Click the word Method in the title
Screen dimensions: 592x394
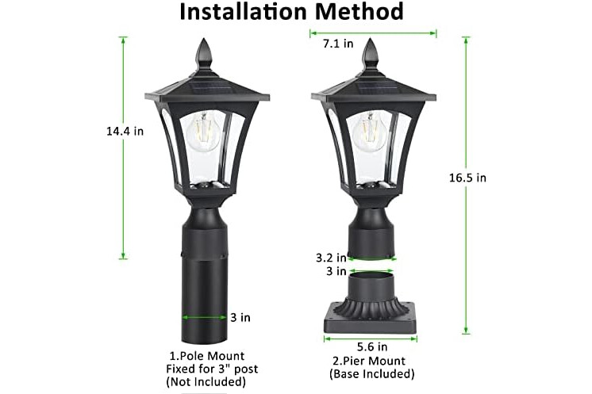coord(359,11)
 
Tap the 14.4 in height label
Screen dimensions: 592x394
coord(125,132)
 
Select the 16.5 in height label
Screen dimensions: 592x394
coord(467,178)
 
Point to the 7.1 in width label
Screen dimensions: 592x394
coord(338,44)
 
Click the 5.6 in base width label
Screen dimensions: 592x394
coord(372,346)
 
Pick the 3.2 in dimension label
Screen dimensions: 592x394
coord(331,258)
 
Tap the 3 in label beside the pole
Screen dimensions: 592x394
coord(240,317)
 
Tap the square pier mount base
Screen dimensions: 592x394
coord(371,320)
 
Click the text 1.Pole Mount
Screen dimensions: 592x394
coord(206,356)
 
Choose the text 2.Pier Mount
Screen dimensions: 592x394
coord(369,361)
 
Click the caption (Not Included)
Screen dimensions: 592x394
coord(206,381)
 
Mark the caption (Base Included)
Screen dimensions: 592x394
coord(372,373)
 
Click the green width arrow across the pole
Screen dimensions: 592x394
coord(204,317)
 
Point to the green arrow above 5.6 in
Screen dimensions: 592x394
coord(371,339)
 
